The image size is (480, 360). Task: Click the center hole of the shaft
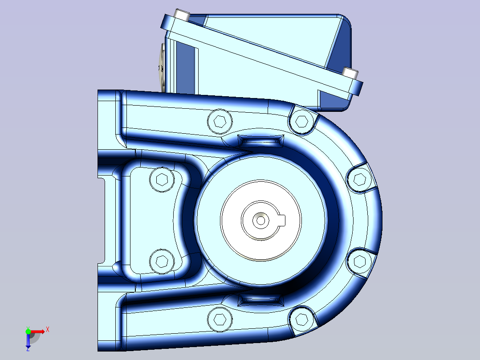coord(260,220)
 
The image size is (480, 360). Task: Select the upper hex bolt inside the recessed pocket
coord(162,180)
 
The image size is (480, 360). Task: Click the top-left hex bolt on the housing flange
coord(220,121)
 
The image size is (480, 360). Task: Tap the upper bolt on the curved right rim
coord(359,179)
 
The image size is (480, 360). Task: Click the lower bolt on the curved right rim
coord(359,261)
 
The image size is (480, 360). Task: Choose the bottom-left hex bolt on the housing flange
coord(220,319)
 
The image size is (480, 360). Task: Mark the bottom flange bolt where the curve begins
coord(302,319)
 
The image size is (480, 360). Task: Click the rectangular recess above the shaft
coord(261,141)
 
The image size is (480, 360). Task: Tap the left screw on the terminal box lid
coord(182,15)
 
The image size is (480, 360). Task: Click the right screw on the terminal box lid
coord(350,72)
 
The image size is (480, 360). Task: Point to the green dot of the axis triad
coord(28,331)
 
